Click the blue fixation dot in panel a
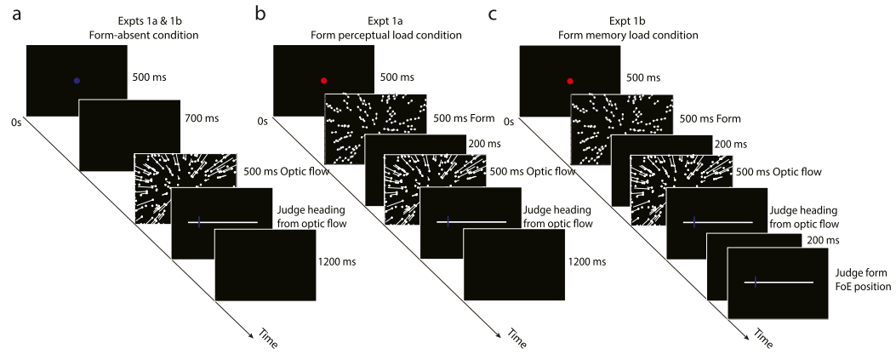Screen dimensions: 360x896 pos(77,81)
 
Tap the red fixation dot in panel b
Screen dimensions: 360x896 pos(323,81)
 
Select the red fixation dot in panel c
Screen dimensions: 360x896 pos(569,81)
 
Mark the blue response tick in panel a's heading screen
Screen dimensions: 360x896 pos(199,222)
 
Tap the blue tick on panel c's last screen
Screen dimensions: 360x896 pos(756,282)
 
